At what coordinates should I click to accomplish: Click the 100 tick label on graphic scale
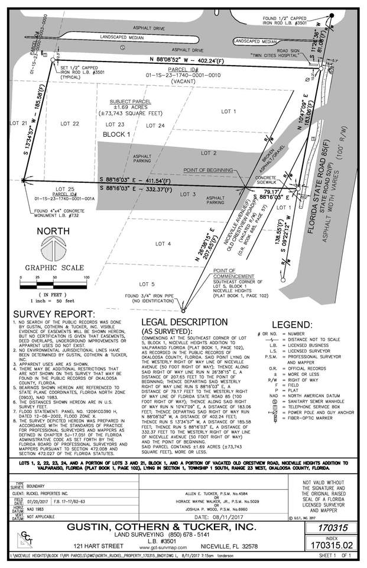86,277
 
